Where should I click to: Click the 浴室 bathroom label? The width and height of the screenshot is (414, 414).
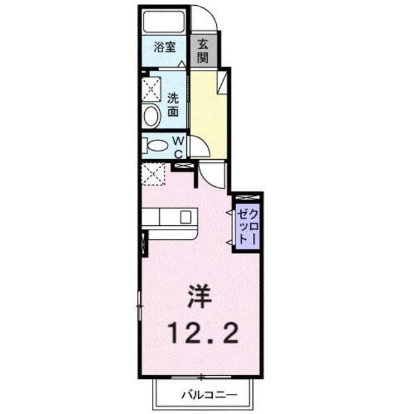pos(165,47)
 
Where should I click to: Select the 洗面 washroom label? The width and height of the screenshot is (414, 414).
pos(173,105)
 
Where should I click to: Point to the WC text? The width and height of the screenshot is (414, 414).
pos(179,146)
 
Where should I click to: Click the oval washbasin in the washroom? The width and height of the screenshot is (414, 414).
pos(152,117)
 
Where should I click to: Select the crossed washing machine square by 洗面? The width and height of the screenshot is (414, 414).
pos(153,87)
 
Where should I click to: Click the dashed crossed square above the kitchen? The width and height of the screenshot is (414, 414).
pos(153,173)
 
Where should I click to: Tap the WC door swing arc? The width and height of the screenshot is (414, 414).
pos(196,148)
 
